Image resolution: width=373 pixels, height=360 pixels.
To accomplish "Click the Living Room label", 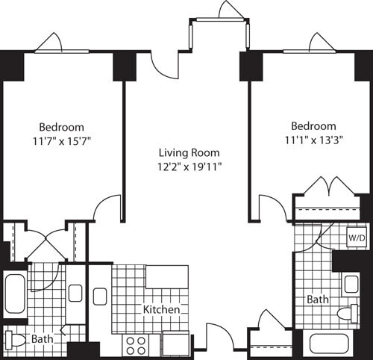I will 186,153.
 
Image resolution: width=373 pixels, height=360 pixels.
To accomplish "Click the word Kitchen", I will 162,308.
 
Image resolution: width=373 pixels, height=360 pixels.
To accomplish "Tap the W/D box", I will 357,238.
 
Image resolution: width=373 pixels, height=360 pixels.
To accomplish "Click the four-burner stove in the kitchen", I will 135,344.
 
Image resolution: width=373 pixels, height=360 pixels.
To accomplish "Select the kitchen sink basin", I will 100,296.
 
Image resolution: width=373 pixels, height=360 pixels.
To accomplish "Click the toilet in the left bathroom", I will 16,340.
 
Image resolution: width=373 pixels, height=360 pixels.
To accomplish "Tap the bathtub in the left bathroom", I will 16,294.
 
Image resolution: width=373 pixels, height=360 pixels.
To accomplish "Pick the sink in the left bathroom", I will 75,294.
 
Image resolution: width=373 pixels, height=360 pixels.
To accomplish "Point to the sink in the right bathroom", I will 351,285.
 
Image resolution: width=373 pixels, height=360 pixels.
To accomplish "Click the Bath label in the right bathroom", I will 317,300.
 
